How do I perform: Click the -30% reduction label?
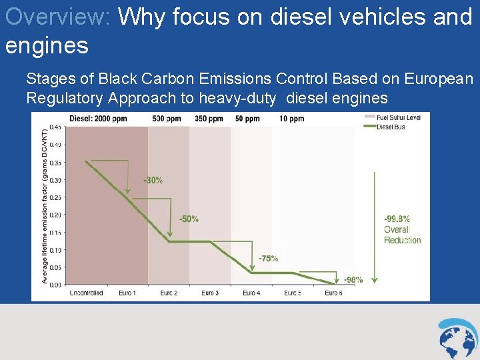(x=153, y=180)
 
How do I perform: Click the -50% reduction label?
(x=189, y=219)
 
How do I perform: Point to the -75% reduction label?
(x=269, y=259)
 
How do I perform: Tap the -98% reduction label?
(x=353, y=280)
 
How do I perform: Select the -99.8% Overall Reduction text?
(x=402, y=229)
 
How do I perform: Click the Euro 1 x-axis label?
(x=127, y=293)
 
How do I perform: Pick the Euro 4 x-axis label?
(x=251, y=293)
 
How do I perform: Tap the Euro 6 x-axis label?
(x=333, y=293)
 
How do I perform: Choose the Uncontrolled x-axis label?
(x=86, y=293)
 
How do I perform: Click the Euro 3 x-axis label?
(x=210, y=293)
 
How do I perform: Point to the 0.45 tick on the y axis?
(x=57, y=127)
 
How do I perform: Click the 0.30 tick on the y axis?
(x=57, y=180)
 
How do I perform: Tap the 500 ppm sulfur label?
(x=167, y=119)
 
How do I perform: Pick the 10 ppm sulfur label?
(x=292, y=119)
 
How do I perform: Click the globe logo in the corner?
(x=458, y=338)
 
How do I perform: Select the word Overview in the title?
(x=57, y=17)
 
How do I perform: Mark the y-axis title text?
(x=45, y=205)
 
